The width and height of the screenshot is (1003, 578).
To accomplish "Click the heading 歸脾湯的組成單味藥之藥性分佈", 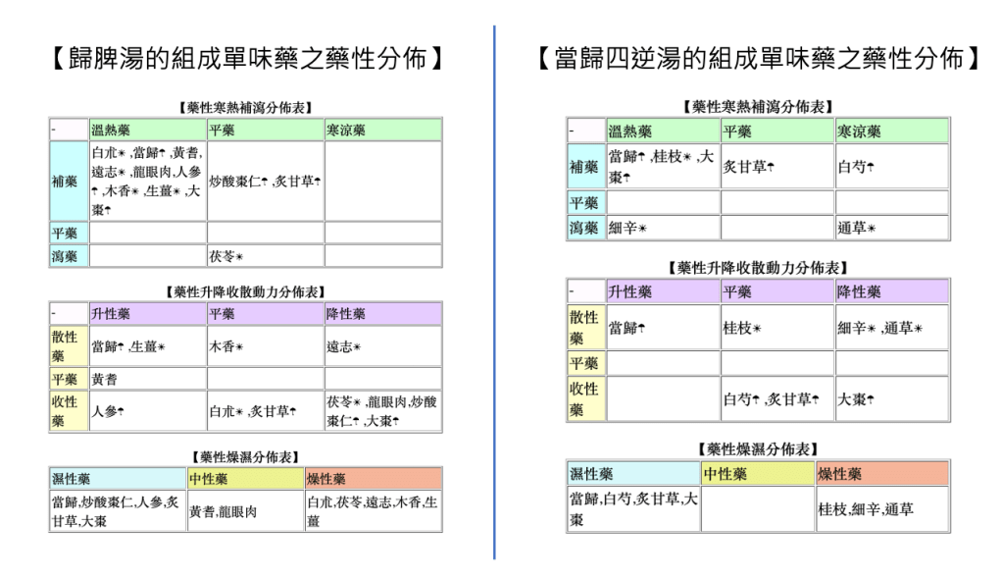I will (247, 59).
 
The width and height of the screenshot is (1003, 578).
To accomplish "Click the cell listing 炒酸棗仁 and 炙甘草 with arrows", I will (265, 182).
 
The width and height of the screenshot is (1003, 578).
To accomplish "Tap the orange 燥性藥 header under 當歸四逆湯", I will (882, 473).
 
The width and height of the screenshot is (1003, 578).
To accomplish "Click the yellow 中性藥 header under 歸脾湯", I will (245, 479).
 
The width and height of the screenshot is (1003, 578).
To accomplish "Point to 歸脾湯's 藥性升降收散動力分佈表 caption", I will (245, 291).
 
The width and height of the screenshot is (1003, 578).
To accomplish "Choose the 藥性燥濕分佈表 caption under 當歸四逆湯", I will (757, 449).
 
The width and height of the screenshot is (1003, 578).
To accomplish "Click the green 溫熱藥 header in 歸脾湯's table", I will (147, 130).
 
